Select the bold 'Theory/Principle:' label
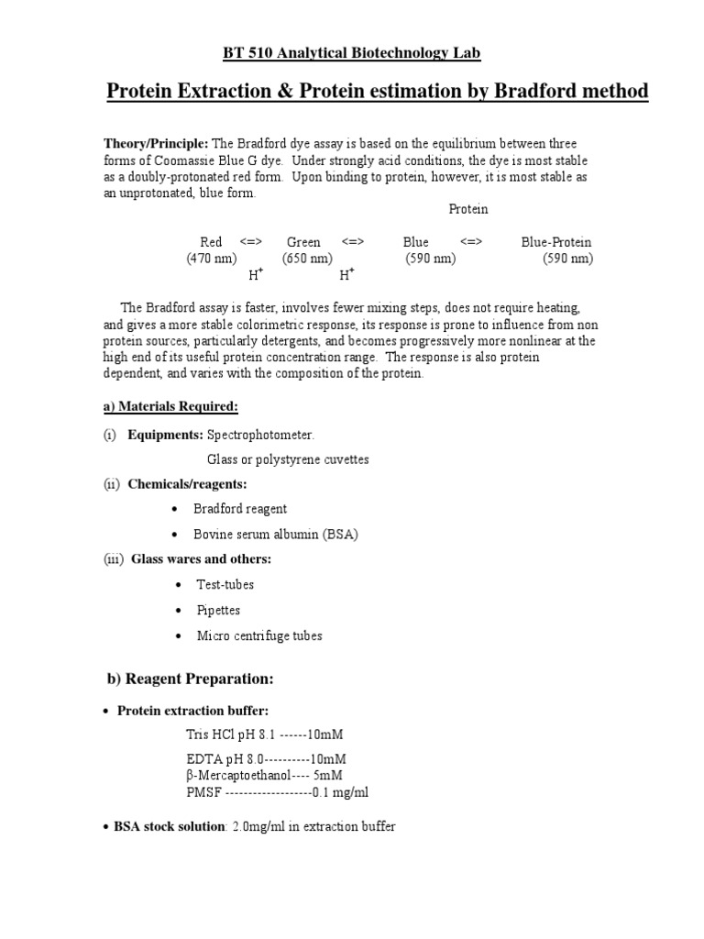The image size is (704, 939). [x=155, y=144]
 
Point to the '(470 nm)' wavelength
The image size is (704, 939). [x=211, y=259]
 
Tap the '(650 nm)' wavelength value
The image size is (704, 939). [x=307, y=259]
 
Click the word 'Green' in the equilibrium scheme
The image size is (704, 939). [x=303, y=242]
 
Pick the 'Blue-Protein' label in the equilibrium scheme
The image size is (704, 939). [x=555, y=242]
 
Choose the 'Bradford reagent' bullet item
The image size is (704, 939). [x=240, y=508]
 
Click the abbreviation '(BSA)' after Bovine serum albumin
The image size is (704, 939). [x=328, y=534]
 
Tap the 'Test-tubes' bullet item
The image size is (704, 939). [x=225, y=584]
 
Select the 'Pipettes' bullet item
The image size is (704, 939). [x=219, y=610]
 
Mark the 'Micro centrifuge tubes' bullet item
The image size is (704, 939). [x=259, y=635]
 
